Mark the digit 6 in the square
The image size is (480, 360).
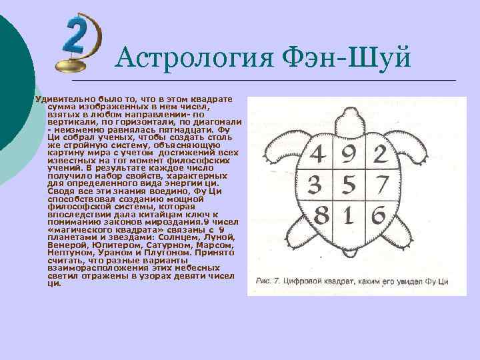(377, 214)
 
